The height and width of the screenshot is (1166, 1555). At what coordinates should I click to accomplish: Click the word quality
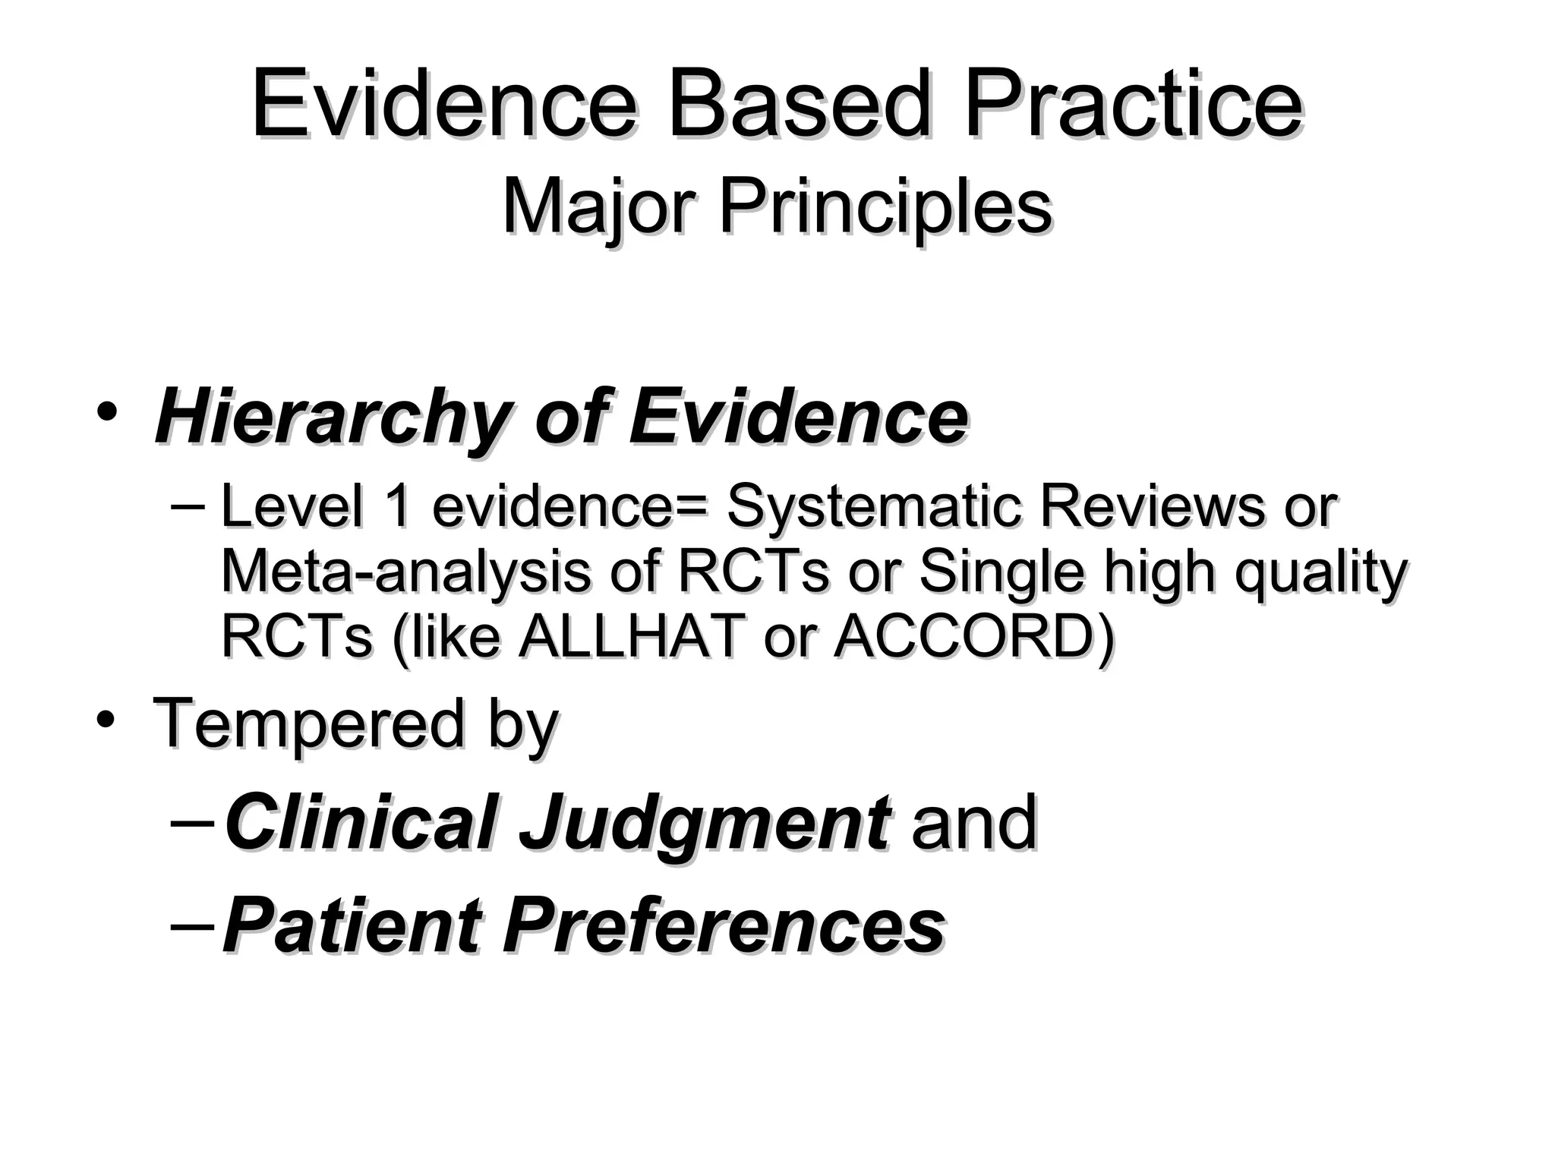1320,573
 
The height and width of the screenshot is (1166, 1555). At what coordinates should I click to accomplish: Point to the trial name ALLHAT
629,636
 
